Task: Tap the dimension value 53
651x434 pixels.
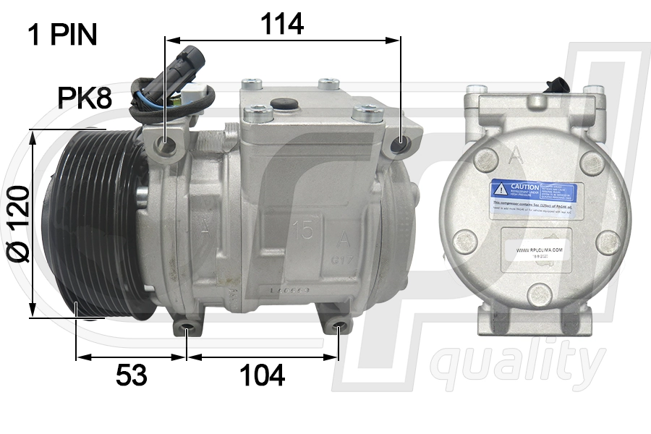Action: click(x=131, y=375)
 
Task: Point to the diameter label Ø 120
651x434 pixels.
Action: click(x=17, y=224)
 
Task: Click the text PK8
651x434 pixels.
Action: click(x=85, y=98)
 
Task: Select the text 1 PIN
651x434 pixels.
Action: click(x=62, y=35)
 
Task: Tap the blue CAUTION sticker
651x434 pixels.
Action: click(x=536, y=192)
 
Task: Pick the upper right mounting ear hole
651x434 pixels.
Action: click(x=399, y=148)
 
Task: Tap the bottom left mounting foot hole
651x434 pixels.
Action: click(x=187, y=332)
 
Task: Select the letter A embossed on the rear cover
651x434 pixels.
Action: click(x=516, y=154)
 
